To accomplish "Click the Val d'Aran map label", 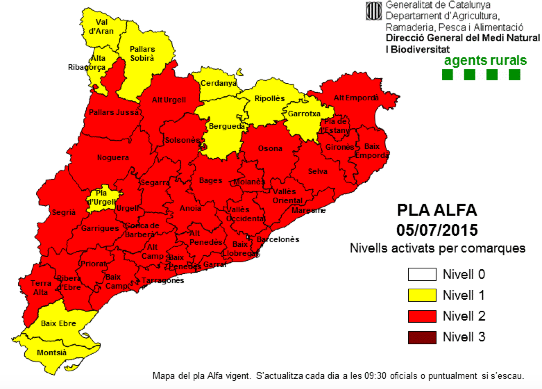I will click(101, 27).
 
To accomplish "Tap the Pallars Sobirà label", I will click(142, 53).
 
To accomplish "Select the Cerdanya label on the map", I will click(218, 83).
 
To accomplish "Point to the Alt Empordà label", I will click(356, 98).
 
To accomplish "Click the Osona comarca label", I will click(270, 149).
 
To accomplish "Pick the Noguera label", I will click(113, 158).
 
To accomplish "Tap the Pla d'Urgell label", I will click(101, 197).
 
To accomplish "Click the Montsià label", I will click(51, 353).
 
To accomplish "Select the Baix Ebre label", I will click(58, 324).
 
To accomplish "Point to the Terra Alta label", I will click(41, 288).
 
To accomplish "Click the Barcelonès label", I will click(278, 240).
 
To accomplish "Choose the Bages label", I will click(211, 181).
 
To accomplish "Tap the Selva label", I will click(317, 172).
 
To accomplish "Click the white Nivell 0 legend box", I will click(422, 274).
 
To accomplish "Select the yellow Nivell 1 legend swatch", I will click(422, 295).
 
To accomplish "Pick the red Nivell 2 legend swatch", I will click(422, 316).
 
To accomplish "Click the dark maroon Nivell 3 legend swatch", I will click(422, 337).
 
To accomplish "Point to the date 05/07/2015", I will click(437, 230).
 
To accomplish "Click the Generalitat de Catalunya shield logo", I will click(374, 11).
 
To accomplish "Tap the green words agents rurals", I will click(485, 60).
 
